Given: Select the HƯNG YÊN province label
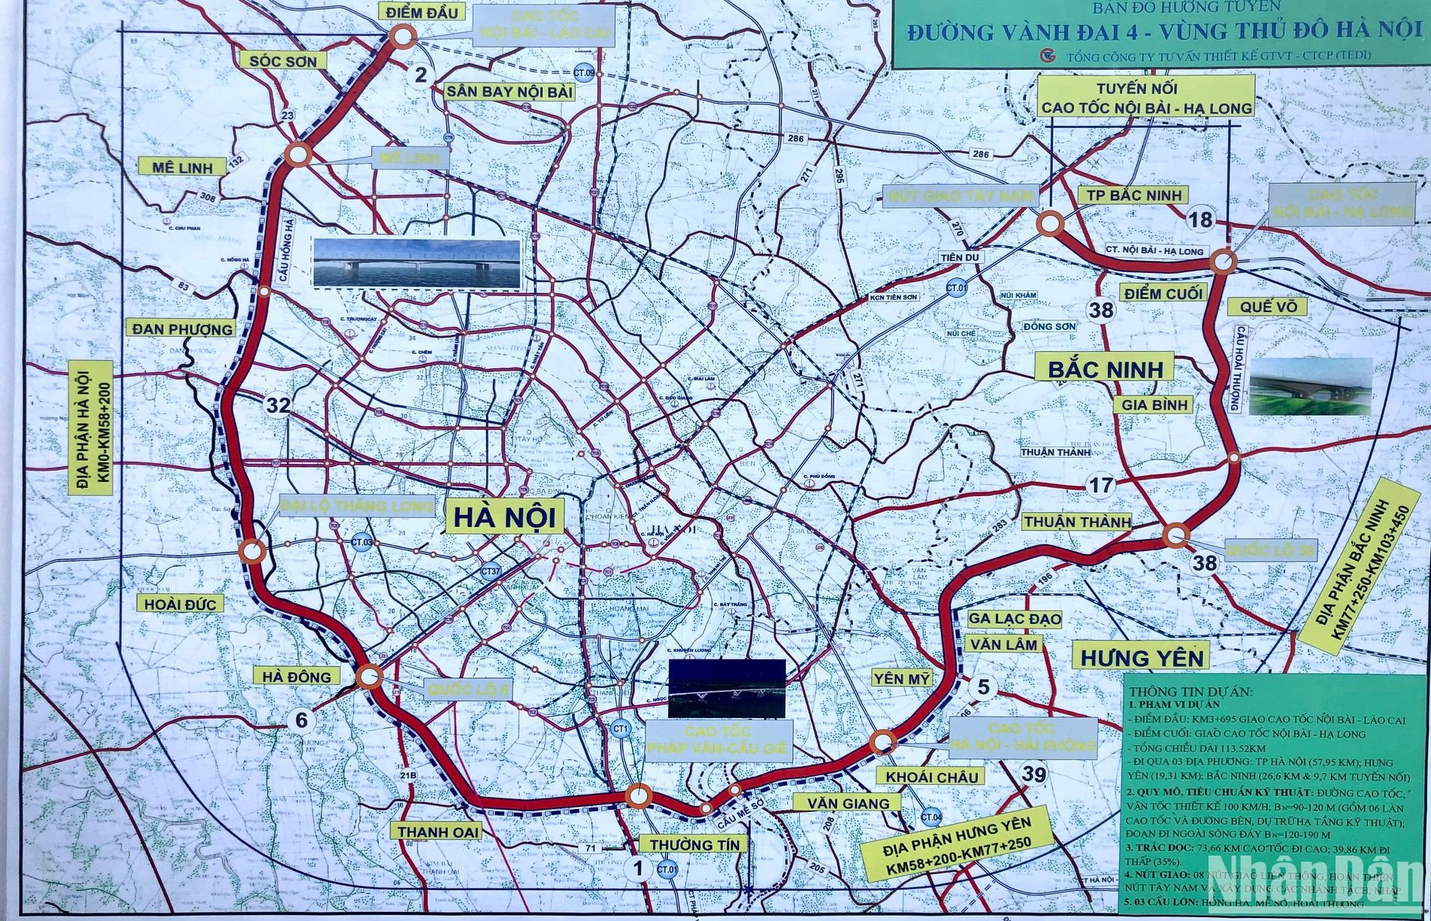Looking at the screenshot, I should [x=1142, y=657].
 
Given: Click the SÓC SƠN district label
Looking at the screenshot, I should [x=283, y=61].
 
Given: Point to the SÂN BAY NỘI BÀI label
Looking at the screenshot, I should [x=510, y=92].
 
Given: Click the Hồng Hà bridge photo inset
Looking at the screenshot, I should [x=416, y=264].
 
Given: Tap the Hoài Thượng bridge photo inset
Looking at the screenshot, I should [x=1309, y=386].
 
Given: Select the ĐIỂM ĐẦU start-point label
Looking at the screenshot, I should [x=422, y=12].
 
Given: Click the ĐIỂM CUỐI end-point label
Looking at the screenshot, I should [x=1163, y=293].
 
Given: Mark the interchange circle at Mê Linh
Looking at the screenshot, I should [x=298, y=154].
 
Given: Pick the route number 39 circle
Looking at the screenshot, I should [x=1034, y=775].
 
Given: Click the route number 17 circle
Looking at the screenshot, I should [x=1101, y=486].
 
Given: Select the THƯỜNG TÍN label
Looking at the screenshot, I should [x=694, y=844].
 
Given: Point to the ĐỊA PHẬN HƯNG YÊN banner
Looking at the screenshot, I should [x=957, y=846].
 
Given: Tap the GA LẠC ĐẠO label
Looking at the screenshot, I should [x=1014, y=619].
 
